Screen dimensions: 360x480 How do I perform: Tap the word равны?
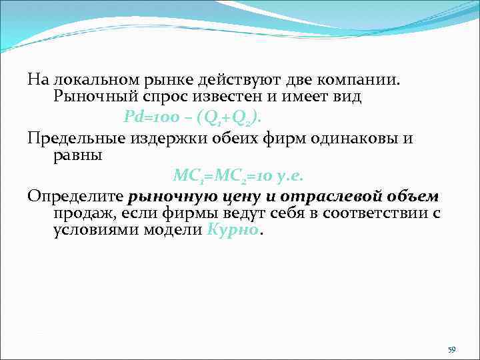[x=77, y=156]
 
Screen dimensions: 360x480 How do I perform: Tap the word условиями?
[x=89, y=231]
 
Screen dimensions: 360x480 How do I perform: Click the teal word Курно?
[x=233, y=231]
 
